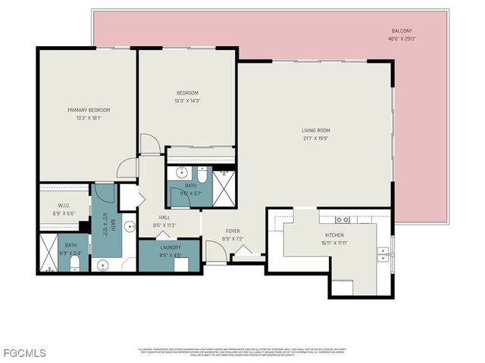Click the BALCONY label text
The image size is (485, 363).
point(402,32)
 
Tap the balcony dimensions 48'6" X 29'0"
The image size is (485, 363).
point(402,39)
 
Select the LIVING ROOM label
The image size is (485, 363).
point(315,131)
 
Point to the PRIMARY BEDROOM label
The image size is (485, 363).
point(88,110)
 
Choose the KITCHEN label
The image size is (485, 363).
point(334,235)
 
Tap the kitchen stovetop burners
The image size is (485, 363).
point(343,219)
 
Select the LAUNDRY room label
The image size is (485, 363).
point(170,247)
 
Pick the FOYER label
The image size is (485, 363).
point(233,232)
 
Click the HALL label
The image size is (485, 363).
point(164,217)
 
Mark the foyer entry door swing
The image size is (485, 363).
point(215,252)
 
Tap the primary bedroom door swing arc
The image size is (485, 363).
point(127,168)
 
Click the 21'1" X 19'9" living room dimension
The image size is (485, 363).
point(315,138)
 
